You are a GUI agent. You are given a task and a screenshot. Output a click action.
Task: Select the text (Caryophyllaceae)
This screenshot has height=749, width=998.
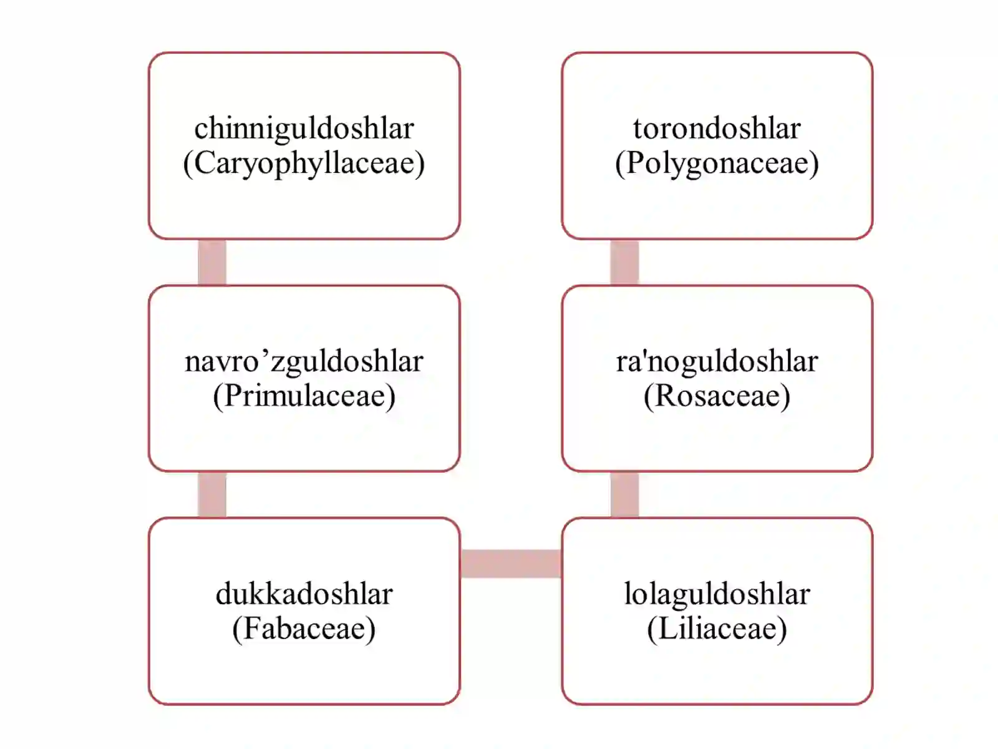[x=304, y=164]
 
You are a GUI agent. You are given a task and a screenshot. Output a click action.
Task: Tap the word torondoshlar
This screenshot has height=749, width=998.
[x=717, y=128]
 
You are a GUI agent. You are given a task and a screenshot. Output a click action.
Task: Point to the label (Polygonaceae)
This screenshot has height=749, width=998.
[x=717, y=164]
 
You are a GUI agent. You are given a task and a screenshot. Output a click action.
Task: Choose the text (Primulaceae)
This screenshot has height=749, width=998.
[x=304, y=396]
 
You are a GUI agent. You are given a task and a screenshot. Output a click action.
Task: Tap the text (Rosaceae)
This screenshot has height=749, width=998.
[x=717, y=396]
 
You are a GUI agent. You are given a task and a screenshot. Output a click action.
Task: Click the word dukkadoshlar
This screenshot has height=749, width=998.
[x=304, y=594]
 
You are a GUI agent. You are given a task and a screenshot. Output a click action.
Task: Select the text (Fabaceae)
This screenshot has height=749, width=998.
[x=304, y=629]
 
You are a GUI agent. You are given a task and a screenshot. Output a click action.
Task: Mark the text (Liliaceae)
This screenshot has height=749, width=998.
[x=717, y=629]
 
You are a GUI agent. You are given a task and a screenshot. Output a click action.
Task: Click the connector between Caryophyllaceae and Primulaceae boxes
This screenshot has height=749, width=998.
[x=212, y=262]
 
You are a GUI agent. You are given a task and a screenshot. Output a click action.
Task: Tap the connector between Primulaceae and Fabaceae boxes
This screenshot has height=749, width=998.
[x=212, y=495]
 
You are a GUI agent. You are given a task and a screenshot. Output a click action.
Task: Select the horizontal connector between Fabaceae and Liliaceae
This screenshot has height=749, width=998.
[x=511, y=564]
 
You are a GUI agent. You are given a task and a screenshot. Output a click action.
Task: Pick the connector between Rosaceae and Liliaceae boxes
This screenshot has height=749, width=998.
[x=625, y=495]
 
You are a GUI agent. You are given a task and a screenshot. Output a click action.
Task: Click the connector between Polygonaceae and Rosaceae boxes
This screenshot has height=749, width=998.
[x=625, y=262]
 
